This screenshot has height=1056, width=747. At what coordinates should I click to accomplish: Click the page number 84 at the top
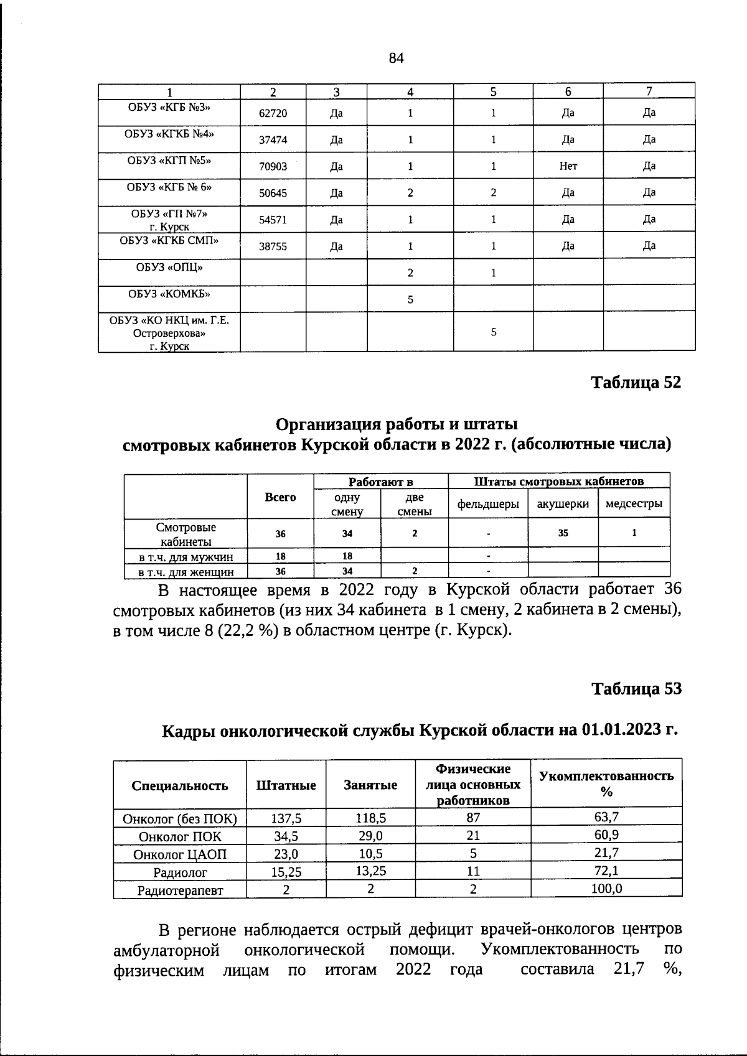pyautogui.click(x=397, y=58)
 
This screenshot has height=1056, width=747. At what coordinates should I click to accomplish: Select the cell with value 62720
pyautogui.click(x=273, y=113)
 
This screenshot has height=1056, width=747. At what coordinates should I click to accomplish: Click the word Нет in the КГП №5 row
pyautogui.click(x=568, y=166)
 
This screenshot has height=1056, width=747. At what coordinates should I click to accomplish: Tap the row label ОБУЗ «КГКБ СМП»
pyautogui.click(x=169, y=240)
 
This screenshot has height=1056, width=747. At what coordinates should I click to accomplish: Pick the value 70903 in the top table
pyautogui.click(x=273, y=167)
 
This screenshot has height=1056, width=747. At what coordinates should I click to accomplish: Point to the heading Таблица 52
pyautogui.click(x=636, y=382)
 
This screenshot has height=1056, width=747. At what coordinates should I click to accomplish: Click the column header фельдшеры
pyautogui.click(x=488, y=504)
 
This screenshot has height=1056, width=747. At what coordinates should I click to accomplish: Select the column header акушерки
pyautogui.click(x=563, y=504)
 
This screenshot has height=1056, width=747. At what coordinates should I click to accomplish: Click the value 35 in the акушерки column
pyautogui.click(x=563, y=533)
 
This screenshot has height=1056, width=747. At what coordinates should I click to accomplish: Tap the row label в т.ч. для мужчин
pyautogui.click(x=186, y=556)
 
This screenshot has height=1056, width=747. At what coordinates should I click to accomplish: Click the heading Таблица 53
pyautogui.click(x=636, y=689)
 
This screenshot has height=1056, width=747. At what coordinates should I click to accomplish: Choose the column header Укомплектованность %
pyautogui.click(x=606, y=783)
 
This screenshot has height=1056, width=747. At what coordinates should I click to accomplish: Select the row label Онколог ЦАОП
pyautogui.click(x=180, y=854)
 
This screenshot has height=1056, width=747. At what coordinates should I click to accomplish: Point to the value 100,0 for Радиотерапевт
pyautogui.click(x=606, y=889)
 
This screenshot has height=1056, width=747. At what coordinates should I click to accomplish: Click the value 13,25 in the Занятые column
pyautogui.click(x=370, y=871)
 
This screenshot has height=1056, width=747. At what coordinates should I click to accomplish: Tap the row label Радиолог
pyautogui.click(x=180, y=872)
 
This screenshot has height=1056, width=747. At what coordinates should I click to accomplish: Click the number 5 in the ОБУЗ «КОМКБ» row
pyautogui.click(x=410, y=300)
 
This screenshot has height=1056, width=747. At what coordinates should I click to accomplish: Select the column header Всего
pyautogui.click(x=280, y=497)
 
